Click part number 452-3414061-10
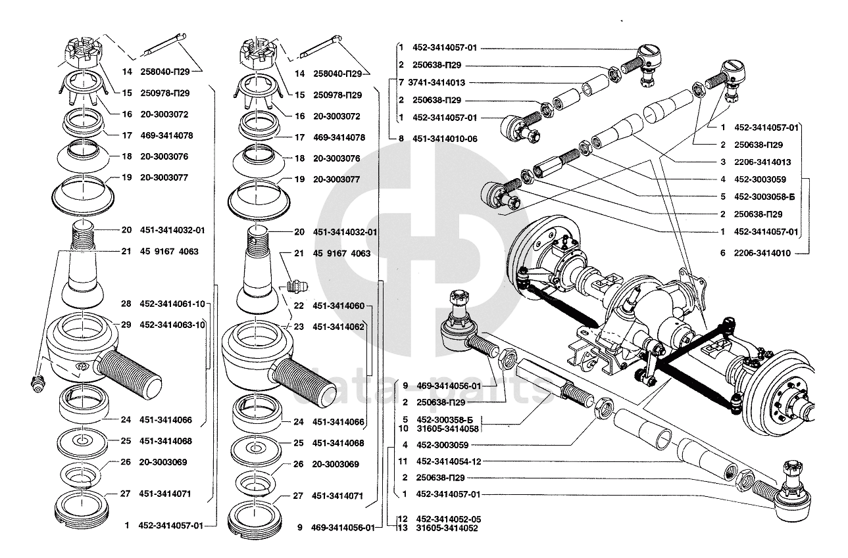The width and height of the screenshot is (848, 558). click(x=172, y=304)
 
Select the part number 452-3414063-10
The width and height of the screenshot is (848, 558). click(x=172, y=325)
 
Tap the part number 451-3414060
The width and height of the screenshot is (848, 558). click(x=338, y=306)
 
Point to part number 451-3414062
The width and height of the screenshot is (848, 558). click(x=338, y=327)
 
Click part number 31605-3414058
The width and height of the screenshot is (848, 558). click(x=447, y=429)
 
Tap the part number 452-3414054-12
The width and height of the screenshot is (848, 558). click(x=447, y=462)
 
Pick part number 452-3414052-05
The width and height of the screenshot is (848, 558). click(x=447, y=519)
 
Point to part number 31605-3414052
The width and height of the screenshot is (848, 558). click(x=447, y=528)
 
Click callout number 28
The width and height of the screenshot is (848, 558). click(x=126, y=304)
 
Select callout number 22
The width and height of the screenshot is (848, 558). click(x=299, y=306)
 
